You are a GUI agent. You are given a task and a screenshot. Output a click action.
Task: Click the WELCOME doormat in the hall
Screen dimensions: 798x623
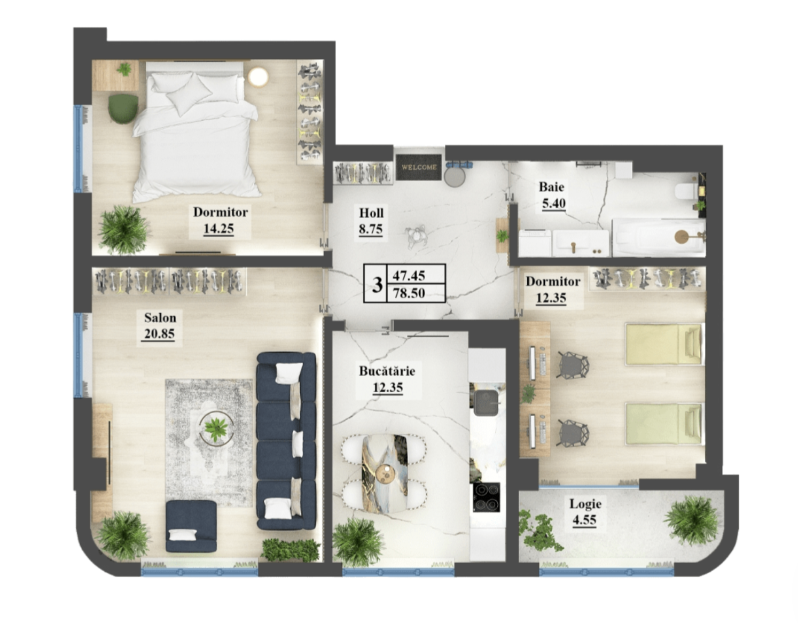(419, 167)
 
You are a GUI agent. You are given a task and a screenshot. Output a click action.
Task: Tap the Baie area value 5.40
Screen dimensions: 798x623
(553, 203)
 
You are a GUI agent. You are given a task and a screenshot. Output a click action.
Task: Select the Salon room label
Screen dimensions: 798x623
(160, 317)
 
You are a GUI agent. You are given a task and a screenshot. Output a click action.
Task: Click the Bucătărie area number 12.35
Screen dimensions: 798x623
(388, 387)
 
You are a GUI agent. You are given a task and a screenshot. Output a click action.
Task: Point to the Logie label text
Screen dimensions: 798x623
(585, 504)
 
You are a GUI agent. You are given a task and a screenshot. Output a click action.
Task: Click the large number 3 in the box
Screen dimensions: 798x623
(377, 284)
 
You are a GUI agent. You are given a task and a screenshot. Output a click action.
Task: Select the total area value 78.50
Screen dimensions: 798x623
(409, 293)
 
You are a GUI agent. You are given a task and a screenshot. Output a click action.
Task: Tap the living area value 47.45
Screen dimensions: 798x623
(409, 275)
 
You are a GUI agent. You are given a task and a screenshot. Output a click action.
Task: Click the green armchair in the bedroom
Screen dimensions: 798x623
(123, 109)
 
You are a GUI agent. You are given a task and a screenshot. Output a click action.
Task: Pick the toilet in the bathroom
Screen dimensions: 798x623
(685, 192)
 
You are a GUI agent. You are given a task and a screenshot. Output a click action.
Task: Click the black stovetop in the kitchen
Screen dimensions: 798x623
(486, 497)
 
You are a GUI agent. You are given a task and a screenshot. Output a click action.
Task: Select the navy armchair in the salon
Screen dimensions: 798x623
(191, 526)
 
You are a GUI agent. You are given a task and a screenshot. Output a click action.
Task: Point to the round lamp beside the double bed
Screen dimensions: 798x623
(258, 77)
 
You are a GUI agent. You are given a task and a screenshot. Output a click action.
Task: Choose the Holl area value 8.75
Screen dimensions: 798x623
(371, 229)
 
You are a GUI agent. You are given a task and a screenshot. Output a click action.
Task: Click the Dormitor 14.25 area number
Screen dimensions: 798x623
(218, 229)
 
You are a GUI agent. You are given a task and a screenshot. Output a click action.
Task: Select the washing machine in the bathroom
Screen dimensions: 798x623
(535, 243)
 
